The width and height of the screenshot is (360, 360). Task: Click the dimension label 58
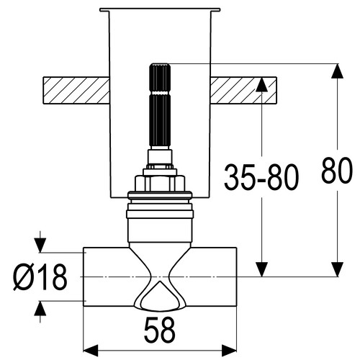160,330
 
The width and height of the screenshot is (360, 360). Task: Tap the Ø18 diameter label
40,276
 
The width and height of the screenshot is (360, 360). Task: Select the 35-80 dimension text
261,177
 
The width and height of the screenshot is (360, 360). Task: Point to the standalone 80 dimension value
337,170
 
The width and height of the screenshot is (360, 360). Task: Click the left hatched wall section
76,90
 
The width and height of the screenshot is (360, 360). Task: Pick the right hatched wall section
243,90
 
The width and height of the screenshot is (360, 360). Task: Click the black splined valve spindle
160,105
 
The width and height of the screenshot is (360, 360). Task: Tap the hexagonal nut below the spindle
160,184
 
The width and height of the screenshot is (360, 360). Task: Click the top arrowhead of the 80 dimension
338,71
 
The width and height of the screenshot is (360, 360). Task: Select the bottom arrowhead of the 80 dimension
338,269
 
